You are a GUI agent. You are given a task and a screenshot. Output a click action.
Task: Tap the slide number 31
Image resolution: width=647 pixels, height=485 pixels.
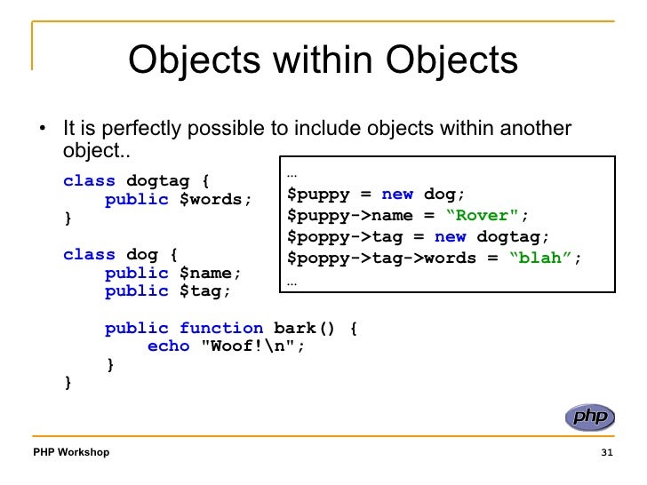pos(608,453)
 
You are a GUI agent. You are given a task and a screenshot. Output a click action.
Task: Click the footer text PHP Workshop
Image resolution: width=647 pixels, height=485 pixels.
pos(71,452)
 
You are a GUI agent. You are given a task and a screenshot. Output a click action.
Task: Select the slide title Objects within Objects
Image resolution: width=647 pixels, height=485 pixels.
pos(323,61)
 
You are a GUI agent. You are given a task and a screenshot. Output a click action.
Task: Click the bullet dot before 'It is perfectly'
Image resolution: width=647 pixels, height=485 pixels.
pos(42,131)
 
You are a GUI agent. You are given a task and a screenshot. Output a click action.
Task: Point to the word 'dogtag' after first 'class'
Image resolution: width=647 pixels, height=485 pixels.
pos(157,181)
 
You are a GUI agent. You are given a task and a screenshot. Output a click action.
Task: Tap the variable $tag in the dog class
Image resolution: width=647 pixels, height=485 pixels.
pos(205,290)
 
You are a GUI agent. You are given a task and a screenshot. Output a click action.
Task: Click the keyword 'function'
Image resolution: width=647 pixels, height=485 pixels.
pos(221,328)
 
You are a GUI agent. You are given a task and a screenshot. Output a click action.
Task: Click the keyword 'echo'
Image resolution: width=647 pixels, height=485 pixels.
pos(168,346)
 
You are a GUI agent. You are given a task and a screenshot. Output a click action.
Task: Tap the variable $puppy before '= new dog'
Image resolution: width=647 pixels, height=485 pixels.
pos(317,194)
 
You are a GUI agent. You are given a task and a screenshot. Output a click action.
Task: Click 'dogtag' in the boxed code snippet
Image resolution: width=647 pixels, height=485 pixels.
pos(508,237)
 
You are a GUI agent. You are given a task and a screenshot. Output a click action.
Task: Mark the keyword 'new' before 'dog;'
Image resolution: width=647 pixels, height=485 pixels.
pos(397,194)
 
